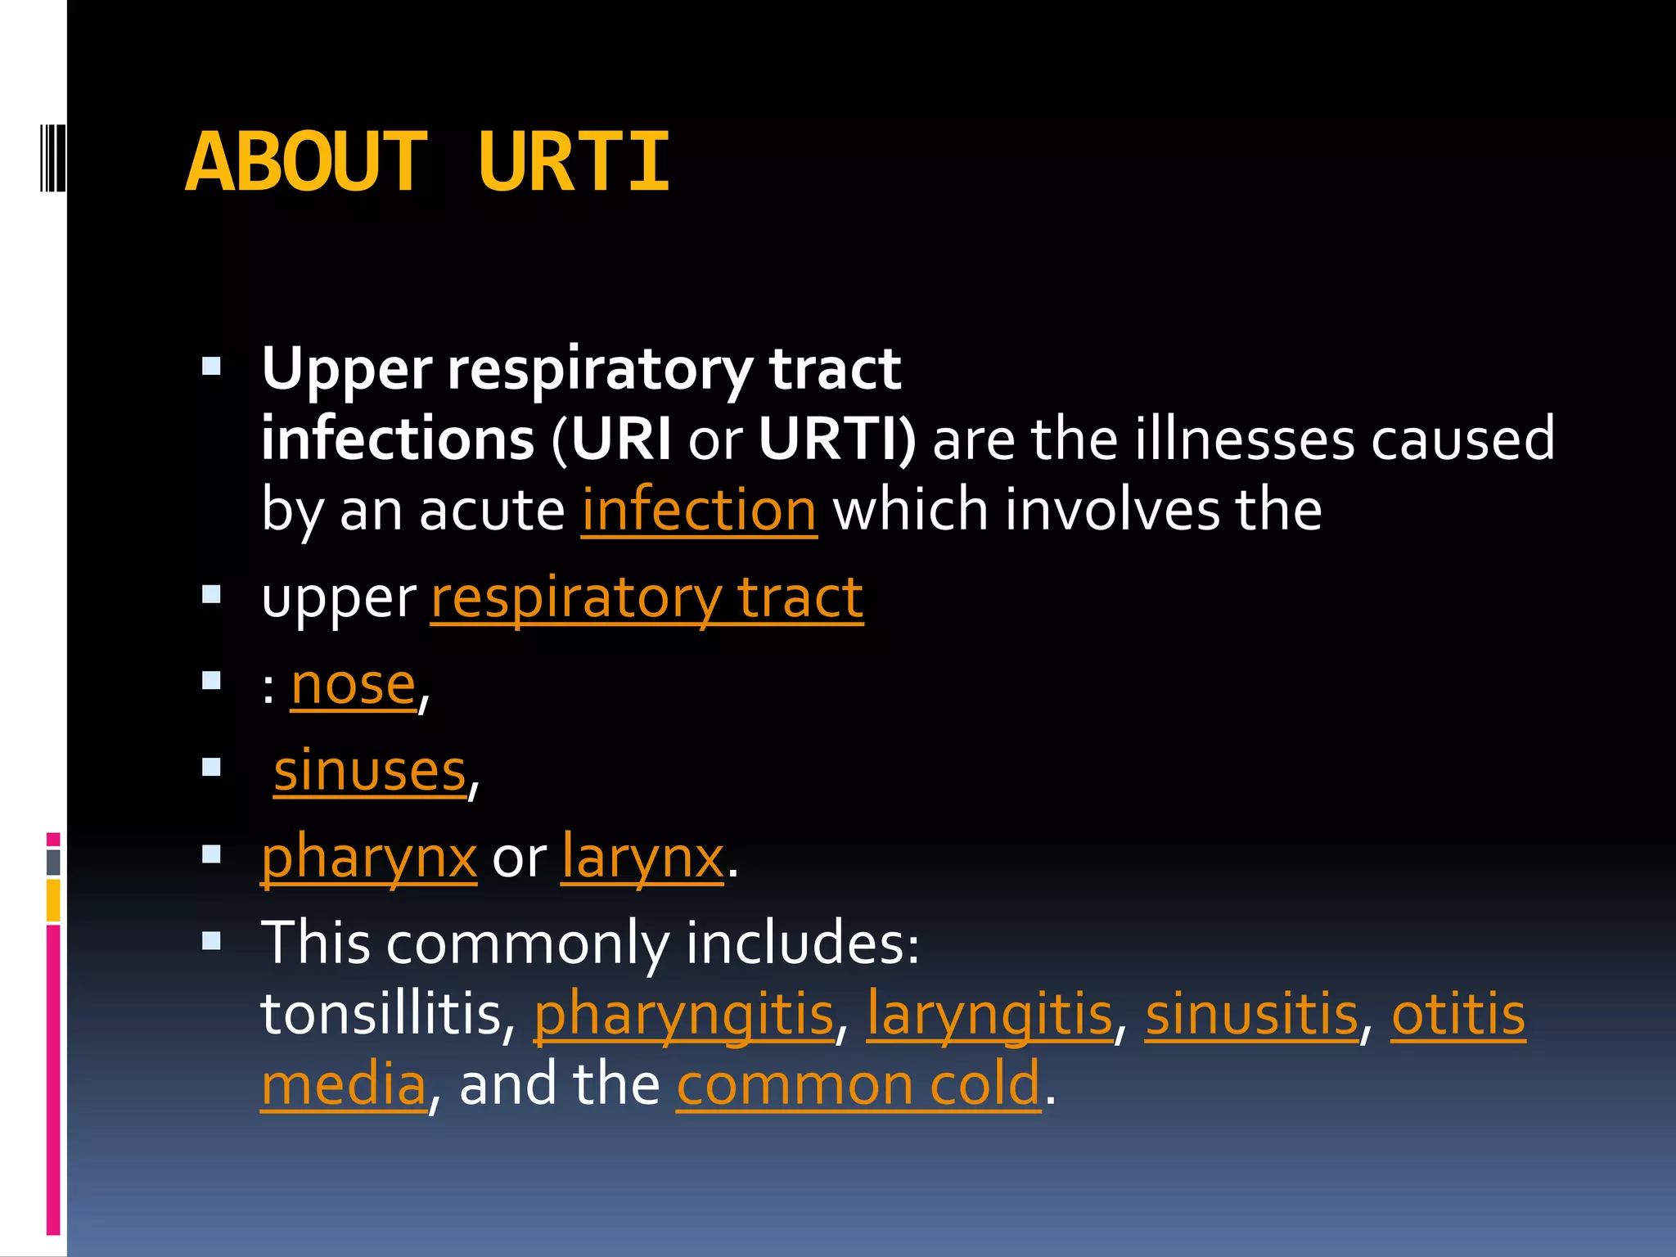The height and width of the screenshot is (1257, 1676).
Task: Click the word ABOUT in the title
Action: pyautogui.click(x=307, y=163)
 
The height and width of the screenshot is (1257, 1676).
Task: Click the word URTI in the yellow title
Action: pyautogui.click(x=574, y=163)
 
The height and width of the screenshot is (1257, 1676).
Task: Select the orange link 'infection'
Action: pyautogui.click(x=699, y=510)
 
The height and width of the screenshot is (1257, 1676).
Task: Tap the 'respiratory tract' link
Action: pyautogui.click(x=647, y=597)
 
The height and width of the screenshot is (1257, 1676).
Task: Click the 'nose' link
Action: pyautogui.click(x=354, y=685)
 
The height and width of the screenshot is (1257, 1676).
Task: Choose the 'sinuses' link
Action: pyautogui.click(x=370, y=772)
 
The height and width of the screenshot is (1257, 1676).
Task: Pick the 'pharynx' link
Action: pyautogui.click(x=369, y=858)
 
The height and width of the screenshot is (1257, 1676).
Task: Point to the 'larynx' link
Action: pyautogui.click(x=643, y=858)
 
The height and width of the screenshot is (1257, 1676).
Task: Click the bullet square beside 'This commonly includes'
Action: pyautogui.click(x=212, y=942)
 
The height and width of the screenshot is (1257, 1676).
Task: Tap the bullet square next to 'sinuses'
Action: pyautogui.click(x=212, y=768)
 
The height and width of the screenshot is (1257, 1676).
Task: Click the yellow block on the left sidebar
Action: pyautogui.click(x=53, y=899)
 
